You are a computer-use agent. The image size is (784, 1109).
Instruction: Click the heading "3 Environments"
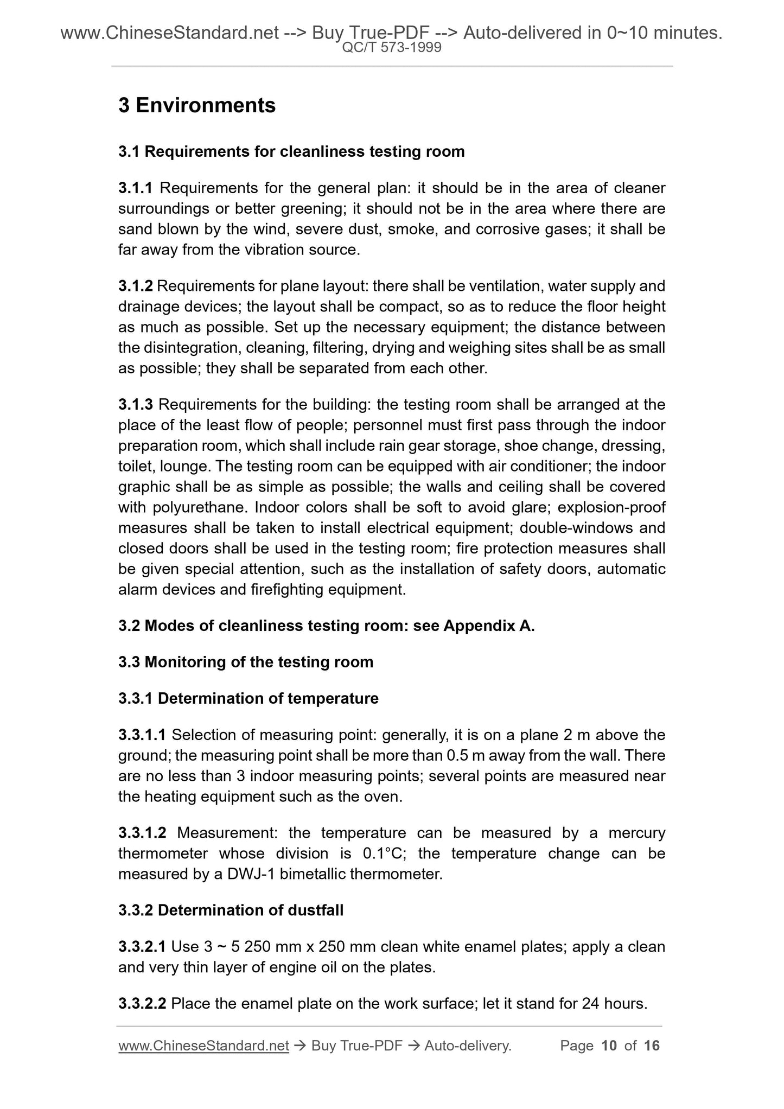tap(197, 105)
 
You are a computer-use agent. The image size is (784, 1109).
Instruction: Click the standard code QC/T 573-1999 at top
tap(392, 48)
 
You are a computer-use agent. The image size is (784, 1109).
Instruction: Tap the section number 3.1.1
tap(136, 188)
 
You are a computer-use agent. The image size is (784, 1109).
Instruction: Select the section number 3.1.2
tap(136, 286)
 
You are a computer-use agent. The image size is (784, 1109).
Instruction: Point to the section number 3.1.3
tap(136, 405)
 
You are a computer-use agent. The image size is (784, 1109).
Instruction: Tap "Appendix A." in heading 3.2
tap(489, 626)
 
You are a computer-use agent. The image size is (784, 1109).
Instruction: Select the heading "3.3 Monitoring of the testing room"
tap(246, 662)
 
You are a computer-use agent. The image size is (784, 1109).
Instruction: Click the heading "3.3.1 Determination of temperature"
tap(248, 698)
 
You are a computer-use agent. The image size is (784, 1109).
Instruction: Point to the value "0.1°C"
tap(382, 853)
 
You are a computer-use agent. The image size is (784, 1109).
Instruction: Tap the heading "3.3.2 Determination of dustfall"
tap(231, 910)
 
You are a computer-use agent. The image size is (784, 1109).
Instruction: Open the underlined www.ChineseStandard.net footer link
tap(203, 1046)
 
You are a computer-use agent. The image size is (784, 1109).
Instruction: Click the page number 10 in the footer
tap(609, 1046)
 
